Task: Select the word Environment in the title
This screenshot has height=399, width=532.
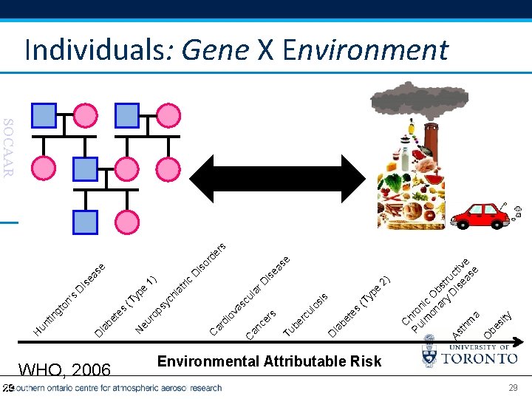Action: click(365, 50)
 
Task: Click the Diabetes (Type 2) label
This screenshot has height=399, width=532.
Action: click(358, 306)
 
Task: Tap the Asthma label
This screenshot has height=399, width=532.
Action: click(466, 325)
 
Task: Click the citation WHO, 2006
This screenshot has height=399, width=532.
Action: click(64, 369)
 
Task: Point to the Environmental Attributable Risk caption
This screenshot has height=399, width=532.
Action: click(269, 361)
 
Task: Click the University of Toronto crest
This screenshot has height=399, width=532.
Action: click(429, 356)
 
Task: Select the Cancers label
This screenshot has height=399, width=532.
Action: click(261, 325)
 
